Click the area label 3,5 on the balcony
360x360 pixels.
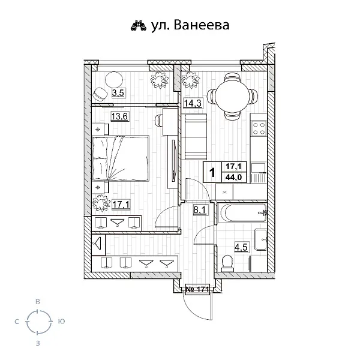(x=118, y=93)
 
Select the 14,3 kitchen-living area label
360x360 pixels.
(x=192, y=103)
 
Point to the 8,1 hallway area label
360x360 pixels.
(x=200, y=209)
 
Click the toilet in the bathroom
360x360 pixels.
(x=227, y=262)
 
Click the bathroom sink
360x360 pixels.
(x=261, y=239)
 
